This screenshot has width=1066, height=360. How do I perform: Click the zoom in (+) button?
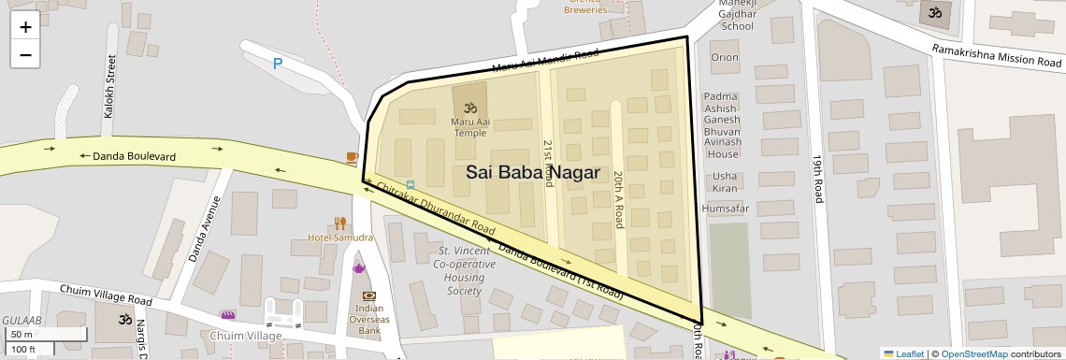tap(25, 27)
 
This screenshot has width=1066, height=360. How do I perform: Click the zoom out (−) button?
tap(25, 54)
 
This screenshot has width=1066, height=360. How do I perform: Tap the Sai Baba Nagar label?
tap(532, 172)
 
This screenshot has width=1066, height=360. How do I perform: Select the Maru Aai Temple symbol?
tap(470, 107)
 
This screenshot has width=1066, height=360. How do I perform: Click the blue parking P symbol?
tap(277, 64)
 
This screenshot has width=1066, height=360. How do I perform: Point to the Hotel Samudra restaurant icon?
tap(341, 223)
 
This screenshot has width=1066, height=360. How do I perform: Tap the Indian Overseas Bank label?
tap(369, 320)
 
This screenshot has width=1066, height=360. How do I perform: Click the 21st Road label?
tap(549, 163)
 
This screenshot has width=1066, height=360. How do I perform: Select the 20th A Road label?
tap(618, 199)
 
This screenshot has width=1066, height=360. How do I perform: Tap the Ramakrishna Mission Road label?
tap(997, 55)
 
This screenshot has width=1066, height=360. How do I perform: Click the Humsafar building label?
tap(725, 208)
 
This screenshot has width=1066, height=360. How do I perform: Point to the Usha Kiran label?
tap(724, 182)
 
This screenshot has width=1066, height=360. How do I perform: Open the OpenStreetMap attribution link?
tap(973, 353)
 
